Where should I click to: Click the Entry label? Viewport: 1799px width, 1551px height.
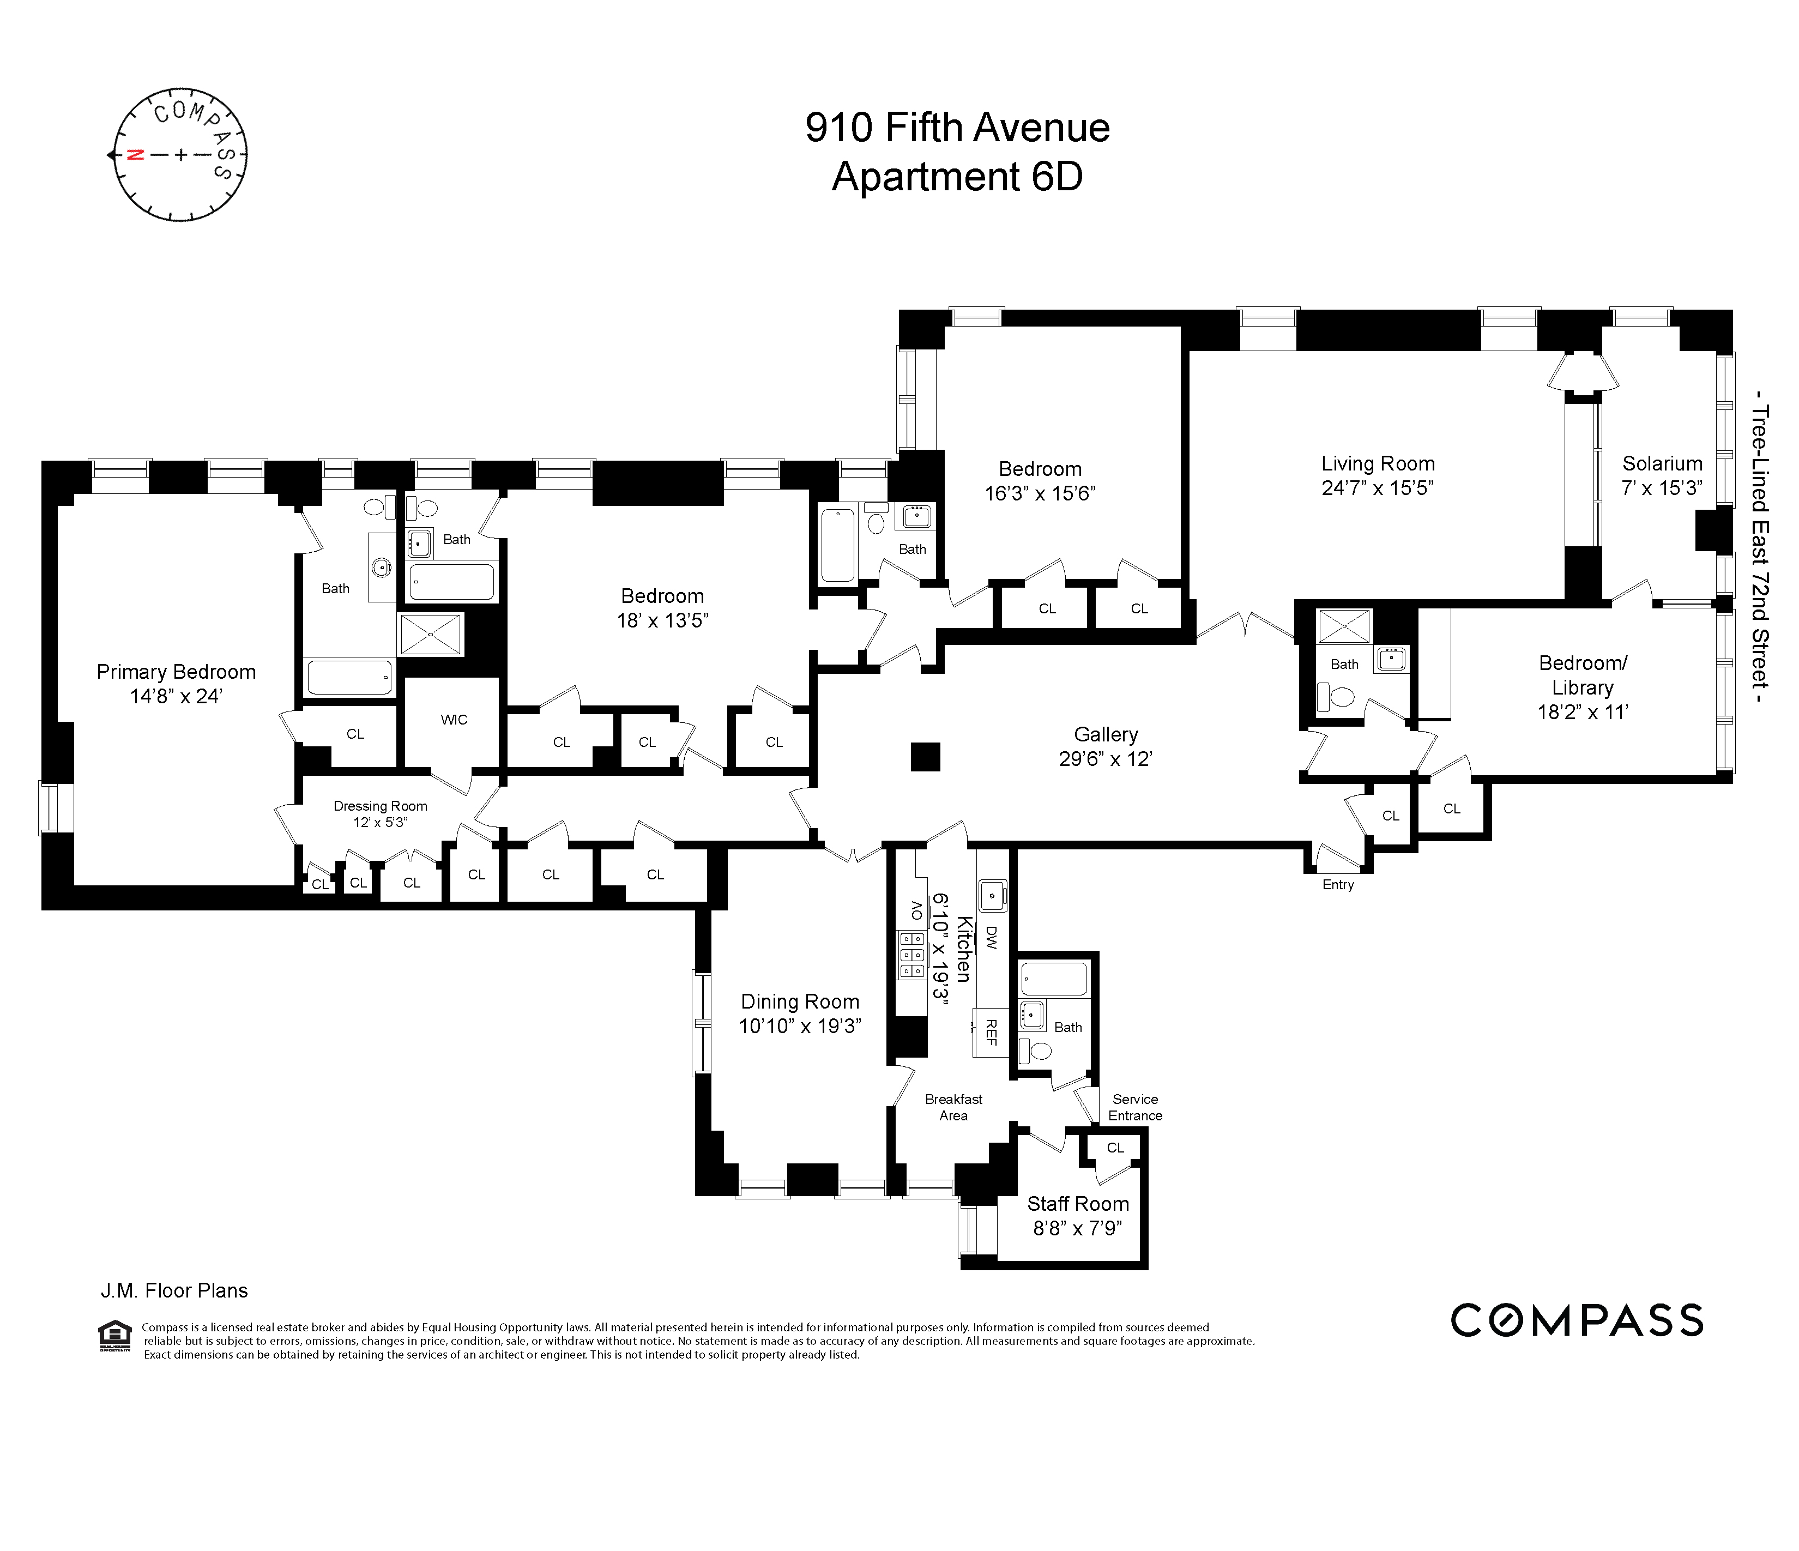pyautogui.click(x=1337, y=884)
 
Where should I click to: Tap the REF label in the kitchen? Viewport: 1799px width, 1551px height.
pyautogui.click(x=991, y=1033)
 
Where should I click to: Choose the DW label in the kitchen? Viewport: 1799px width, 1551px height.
pyautogui.click(x=991, y=937)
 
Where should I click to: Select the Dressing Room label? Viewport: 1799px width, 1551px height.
pyautogui.click(x=381, y=806)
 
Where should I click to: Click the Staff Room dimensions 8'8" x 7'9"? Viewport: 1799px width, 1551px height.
pyautogui.click(x=1077, y=1228)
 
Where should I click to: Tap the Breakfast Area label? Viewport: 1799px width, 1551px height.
pyautogui.click(x=953, y=1107)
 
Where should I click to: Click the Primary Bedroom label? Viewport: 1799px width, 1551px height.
pyautogui.click(x=176, y=672)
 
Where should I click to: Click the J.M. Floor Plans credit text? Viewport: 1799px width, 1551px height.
pyautogui.click(x=174, y=1290)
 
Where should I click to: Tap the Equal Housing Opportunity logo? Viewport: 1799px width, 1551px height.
pyautogui.click(x=114, y=1337)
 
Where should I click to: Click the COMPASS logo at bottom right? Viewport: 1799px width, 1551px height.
pyautogui.click(x=1576, y=1321)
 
